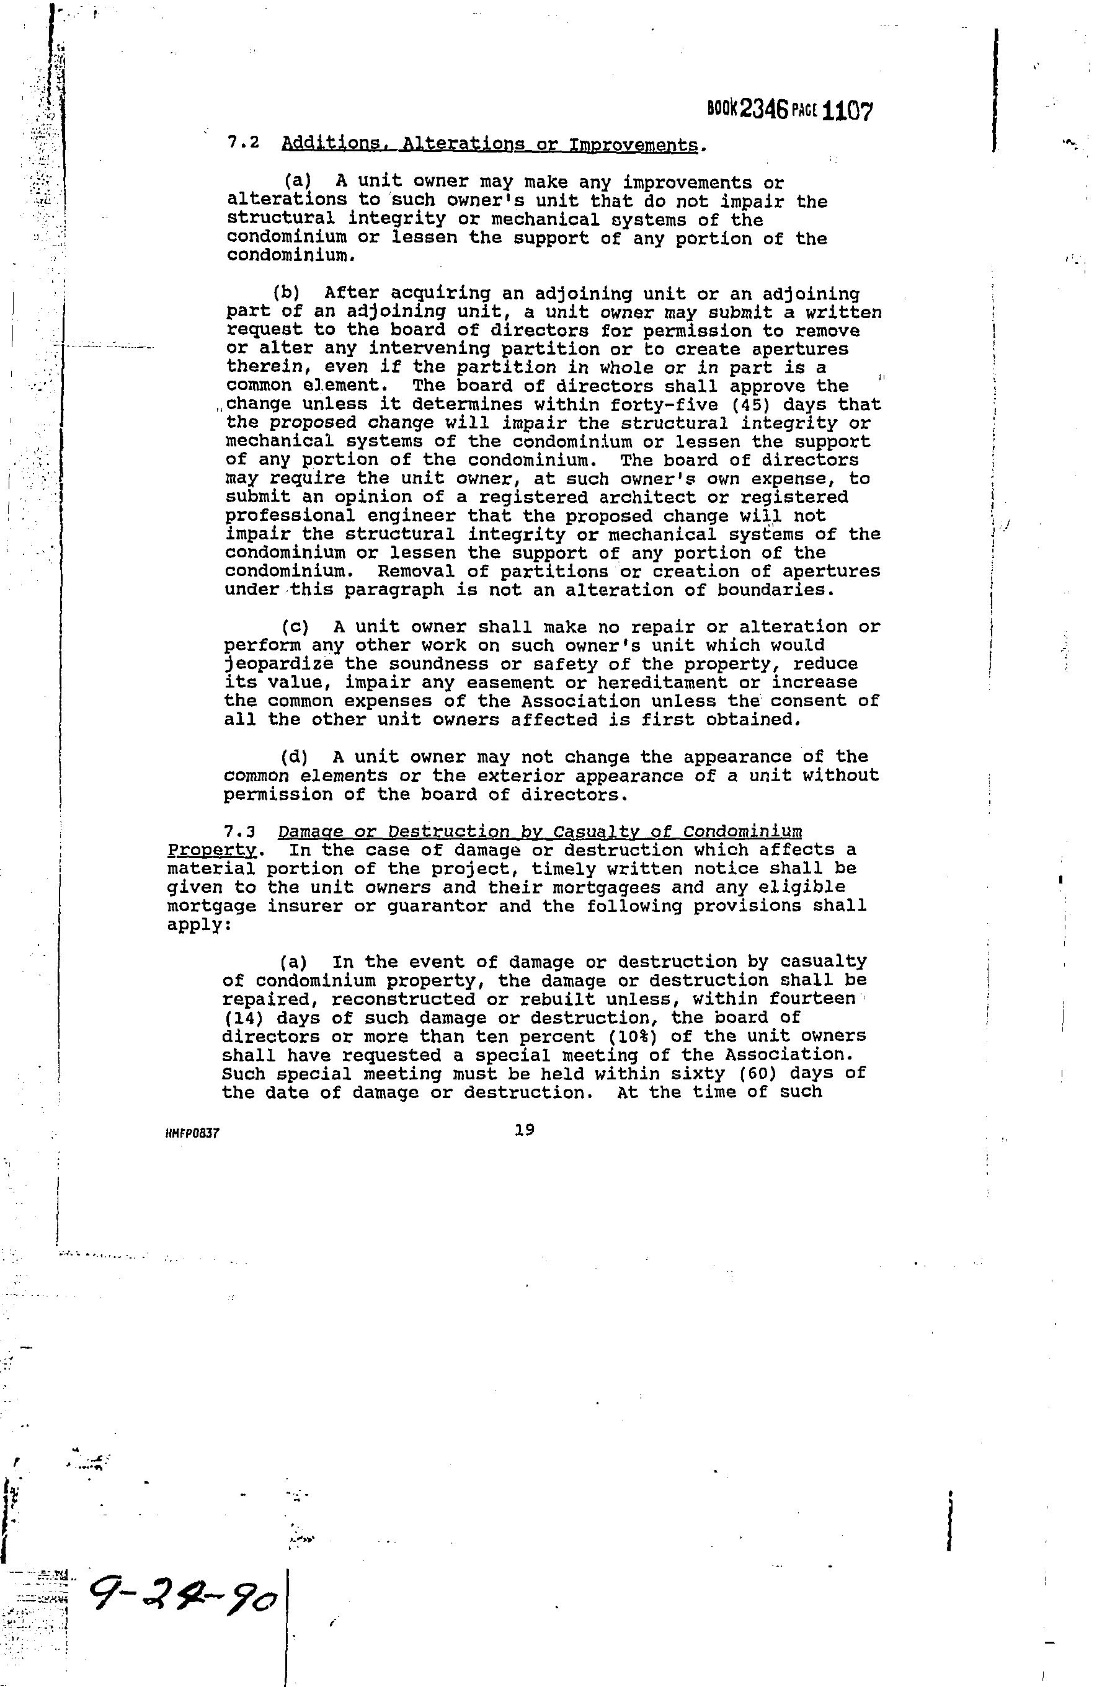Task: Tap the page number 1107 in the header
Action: click(849, 111)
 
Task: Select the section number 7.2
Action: click(242, 143)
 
